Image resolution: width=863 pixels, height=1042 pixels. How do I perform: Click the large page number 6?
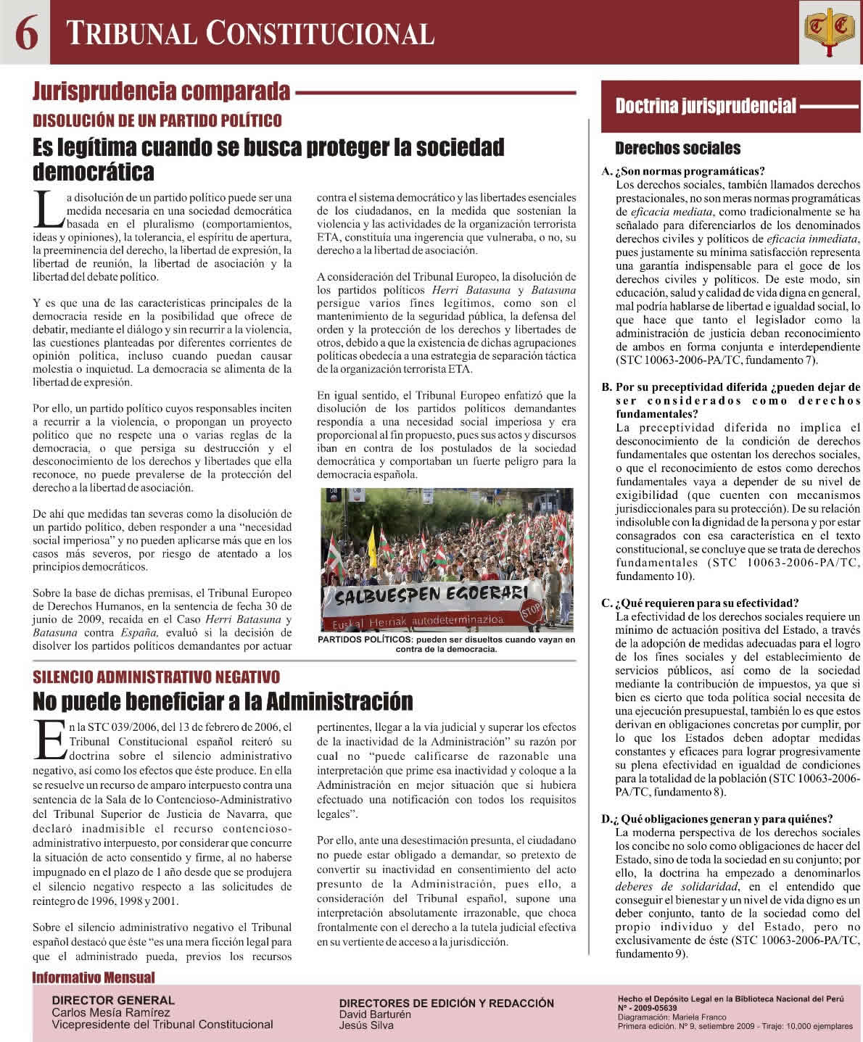pos(25,33)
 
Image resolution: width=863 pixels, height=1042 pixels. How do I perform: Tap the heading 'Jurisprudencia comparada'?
pos(161,92)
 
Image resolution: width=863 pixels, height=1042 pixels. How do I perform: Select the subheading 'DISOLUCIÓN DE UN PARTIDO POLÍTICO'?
pos(157,120)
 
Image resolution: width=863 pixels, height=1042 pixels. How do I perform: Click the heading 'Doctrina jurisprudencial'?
pos(705,106)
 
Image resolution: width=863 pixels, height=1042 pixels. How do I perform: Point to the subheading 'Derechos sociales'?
pos(677,149)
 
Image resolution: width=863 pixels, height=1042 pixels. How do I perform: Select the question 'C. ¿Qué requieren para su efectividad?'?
pos(700,603)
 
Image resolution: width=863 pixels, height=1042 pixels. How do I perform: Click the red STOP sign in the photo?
pos(532,612)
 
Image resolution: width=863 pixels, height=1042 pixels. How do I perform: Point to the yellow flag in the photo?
pos(371,540)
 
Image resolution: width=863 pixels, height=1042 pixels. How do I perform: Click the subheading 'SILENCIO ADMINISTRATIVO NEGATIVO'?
pos(156,677)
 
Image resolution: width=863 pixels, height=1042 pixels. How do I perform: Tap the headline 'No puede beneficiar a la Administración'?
pos(223,701)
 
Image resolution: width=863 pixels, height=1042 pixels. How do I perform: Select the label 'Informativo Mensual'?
pos(94,977)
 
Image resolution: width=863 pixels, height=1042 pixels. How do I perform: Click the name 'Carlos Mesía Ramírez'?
pos(110,1013)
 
